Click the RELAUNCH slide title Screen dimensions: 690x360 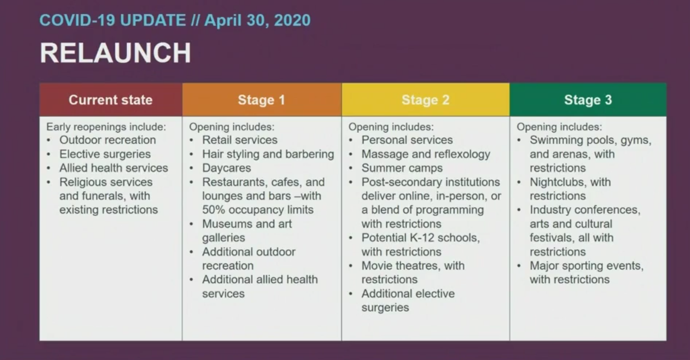[116, 52]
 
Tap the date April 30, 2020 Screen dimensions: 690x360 [258, 20]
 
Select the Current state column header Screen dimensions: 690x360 [111, 100]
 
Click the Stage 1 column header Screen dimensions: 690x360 [261, 100]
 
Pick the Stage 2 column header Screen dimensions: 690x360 [425, 100]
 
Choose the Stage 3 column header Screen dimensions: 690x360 [588, 100]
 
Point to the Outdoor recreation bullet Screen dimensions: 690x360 [107, 140]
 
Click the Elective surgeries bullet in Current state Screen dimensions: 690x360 [105, 154]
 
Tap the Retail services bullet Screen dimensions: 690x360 [240, 140]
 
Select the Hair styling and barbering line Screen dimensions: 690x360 [268, 154]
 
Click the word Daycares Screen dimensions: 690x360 [226, 168]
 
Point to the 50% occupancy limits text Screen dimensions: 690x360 [258, 210]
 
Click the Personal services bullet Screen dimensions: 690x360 [407, 140]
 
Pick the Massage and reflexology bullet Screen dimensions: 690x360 [426, 154]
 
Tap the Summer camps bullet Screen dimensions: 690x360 [402, 168]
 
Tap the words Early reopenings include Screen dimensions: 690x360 [106, 127]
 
